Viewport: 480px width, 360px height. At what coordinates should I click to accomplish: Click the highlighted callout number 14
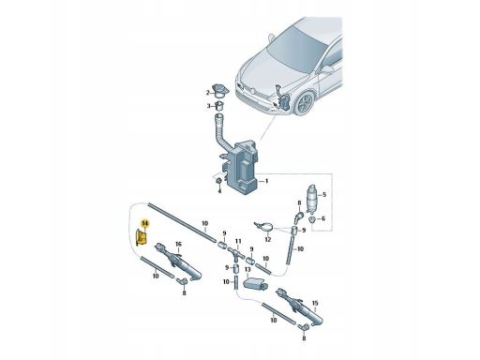tap(145, 223)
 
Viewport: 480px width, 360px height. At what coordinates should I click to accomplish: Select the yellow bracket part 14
tap(141, 236)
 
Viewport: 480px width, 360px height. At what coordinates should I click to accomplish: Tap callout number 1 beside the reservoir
tap(266, 181)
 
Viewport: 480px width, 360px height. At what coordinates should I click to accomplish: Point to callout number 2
tap(207, 93)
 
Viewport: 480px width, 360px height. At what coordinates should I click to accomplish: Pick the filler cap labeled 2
tap(220, 90)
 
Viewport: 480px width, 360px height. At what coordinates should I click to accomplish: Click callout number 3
tap(208, 106)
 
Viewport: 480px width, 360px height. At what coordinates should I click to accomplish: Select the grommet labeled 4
tap(219, 181)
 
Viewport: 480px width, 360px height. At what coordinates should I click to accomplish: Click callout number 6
tap(323, 218)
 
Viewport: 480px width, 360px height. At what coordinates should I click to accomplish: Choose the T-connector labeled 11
tap(236, 253)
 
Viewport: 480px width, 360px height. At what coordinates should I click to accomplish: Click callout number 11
tap(238, 241)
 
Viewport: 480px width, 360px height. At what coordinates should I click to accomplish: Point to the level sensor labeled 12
tap(264, 226)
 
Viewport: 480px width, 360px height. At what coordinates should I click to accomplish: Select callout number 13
tap(247, 269)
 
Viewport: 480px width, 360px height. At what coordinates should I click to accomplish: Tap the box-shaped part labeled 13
tap(255, 285)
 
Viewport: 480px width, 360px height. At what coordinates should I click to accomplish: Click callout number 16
tap(178, 244)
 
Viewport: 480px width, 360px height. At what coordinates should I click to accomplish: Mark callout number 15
tap(315, 303)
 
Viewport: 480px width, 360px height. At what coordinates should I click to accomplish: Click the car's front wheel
tap(305, 104)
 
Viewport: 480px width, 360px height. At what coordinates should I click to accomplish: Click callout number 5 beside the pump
tap(324, 195)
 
